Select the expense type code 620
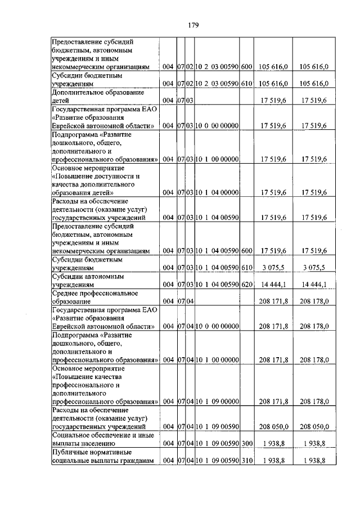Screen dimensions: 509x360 (246, 285)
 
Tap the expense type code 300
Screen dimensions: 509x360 (246, 444)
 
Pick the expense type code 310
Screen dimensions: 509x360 (246, 461)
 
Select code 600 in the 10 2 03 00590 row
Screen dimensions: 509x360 (246, 67)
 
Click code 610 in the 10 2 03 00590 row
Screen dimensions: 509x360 (246, 84)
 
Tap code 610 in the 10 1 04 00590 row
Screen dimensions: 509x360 (246, 268)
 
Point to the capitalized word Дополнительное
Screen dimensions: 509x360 (77, 92)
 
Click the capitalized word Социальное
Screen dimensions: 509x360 (72, 435)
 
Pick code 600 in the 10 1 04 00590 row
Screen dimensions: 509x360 (246, 251)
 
